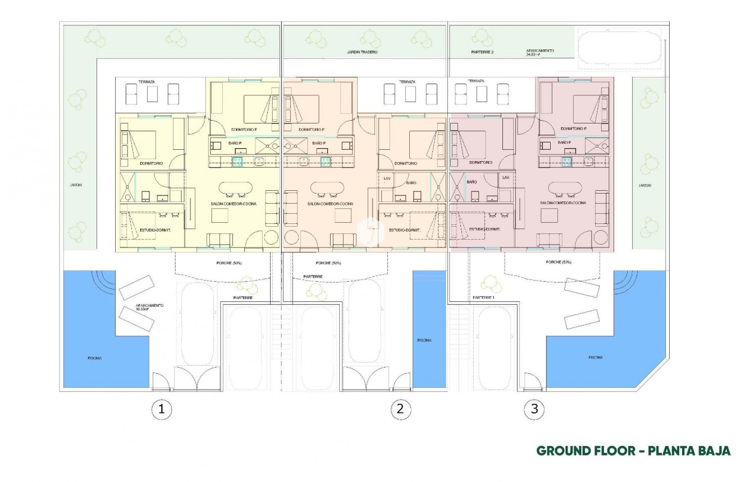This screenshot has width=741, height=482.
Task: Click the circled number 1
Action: pyautogui.click(x=162, y=409)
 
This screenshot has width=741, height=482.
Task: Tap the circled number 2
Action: pyautogui.click(x=399, y=409)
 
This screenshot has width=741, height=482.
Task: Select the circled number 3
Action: pyautogui.click(x=534, y=409)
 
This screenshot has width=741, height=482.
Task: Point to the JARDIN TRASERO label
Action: pyautogui.click(x=362, y=52)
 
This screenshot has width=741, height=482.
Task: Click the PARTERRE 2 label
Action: pyautogui.click(x=482, y=52)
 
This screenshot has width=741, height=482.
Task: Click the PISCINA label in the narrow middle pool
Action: pyautogui.click(x=424, y=340)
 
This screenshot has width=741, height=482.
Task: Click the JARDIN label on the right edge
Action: pyautogui.click(x=645, y=185)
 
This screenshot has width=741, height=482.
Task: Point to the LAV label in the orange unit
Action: pyautogui.click(x=386, y=178)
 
